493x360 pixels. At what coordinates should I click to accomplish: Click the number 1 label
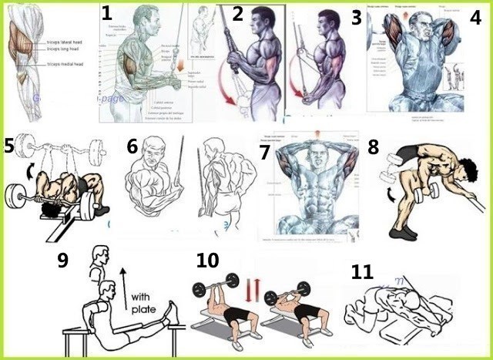point(107,13)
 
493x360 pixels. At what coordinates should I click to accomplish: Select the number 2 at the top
point(238,13)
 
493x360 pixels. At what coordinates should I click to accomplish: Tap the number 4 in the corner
point(476,18)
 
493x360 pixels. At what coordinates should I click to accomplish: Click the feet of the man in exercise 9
point(174,312)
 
